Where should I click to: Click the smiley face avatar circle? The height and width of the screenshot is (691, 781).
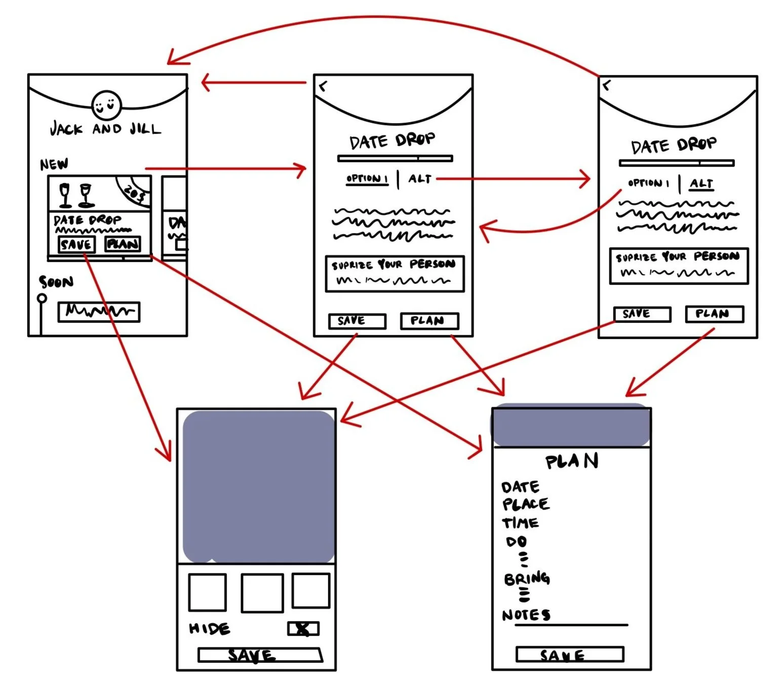pos(106,105)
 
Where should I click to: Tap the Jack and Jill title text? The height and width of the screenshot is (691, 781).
pos(105,129)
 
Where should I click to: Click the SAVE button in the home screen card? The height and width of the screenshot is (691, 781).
pos(76,245)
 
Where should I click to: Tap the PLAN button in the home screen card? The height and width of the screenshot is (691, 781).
pos(123,244)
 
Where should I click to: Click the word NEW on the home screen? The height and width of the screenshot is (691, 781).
pos(54,164)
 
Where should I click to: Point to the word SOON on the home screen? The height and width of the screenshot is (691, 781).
pos(56,282)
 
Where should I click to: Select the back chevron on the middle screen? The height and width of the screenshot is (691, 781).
pos(323,86)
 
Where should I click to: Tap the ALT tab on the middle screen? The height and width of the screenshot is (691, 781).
pos(420,179)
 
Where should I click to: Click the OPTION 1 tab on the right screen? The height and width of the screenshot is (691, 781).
pos(648,183)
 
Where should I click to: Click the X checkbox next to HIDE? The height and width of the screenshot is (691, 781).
pos(303,629)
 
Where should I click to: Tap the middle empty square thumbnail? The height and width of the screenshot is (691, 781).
pos(262,593)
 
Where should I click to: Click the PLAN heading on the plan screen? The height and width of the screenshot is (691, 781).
pos(572,461)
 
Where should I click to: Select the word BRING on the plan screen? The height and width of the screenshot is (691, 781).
pos(527,579)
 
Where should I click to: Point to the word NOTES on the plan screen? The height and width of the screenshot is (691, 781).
pos(526,615)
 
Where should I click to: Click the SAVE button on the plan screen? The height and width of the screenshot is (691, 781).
pos(569,655)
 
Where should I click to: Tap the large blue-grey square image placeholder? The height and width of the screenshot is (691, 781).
pos(258,486)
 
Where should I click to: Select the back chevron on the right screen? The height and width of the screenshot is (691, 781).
pos(607,85)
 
